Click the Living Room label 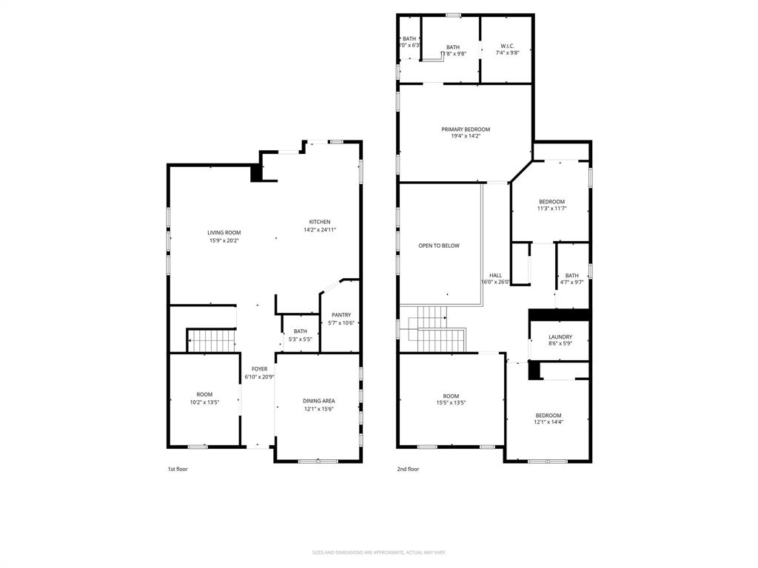(x=223, y=233)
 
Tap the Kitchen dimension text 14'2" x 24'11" (x=320, y=230)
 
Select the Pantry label (x=341, y=314)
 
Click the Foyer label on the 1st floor (x=259, y=368)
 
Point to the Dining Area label (x=318, y=401)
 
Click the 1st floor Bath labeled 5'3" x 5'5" (x=300, y=331)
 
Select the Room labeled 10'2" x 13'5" (x=204, y=394)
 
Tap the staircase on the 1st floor (x=211, y=340)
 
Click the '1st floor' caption (x=178, y=469)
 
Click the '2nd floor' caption (x=408, y=469)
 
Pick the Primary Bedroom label (x=466, y=129)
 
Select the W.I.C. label (x=507, y=46)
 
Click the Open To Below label (x=439, y=246)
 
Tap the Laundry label (x=560, y=337)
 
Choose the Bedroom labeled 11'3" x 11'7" (x=551, y=202)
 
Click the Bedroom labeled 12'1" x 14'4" (x=549, y=415)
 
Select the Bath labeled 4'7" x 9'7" (x=572, y=275)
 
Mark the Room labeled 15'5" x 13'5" (x=451, y=396)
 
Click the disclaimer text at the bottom (x=379, y=552)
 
